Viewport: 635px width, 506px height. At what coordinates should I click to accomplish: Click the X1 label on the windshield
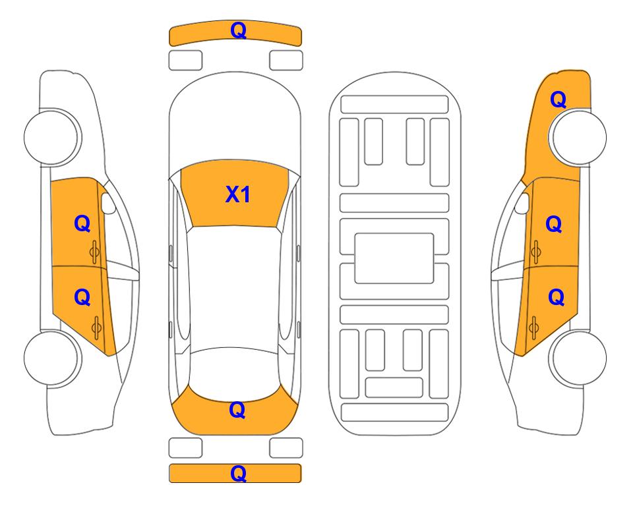coord(238,194)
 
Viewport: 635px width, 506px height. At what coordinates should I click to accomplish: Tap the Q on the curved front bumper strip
coord(238,30)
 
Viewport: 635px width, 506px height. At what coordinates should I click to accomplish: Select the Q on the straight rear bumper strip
coord(238,473)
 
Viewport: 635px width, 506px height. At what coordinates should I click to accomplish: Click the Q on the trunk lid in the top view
coord(237,410)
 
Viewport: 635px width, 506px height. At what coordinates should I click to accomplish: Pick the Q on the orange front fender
coord(558,99)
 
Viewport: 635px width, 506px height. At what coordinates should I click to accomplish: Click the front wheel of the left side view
coord(51,137)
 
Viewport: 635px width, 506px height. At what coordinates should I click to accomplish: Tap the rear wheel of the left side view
coord(51,358)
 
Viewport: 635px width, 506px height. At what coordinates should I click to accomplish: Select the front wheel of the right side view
coord(579,137)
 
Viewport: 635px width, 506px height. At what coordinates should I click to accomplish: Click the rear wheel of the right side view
coord(579,358)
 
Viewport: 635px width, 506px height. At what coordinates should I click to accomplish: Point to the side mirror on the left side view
coord(107,203)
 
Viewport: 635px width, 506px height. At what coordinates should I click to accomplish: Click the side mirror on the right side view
coord(522,203)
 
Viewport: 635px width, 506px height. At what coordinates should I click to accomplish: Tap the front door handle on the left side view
coord(95,252)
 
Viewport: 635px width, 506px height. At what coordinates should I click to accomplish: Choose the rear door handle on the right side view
coord(534,328)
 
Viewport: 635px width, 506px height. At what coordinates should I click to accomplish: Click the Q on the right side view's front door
coord(554,224)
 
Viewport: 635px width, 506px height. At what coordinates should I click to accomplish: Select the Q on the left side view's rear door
coord(82,298)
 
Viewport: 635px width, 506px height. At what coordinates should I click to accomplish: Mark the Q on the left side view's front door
coord(82,224)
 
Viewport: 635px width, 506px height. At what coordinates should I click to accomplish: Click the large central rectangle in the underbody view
coord(394,258)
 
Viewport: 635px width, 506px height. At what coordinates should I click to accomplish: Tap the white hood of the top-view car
coord(235,121)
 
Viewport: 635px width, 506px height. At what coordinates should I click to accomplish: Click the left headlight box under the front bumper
coord(185,61)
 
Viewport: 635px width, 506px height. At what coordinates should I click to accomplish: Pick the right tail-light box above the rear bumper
coord(286,448)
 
